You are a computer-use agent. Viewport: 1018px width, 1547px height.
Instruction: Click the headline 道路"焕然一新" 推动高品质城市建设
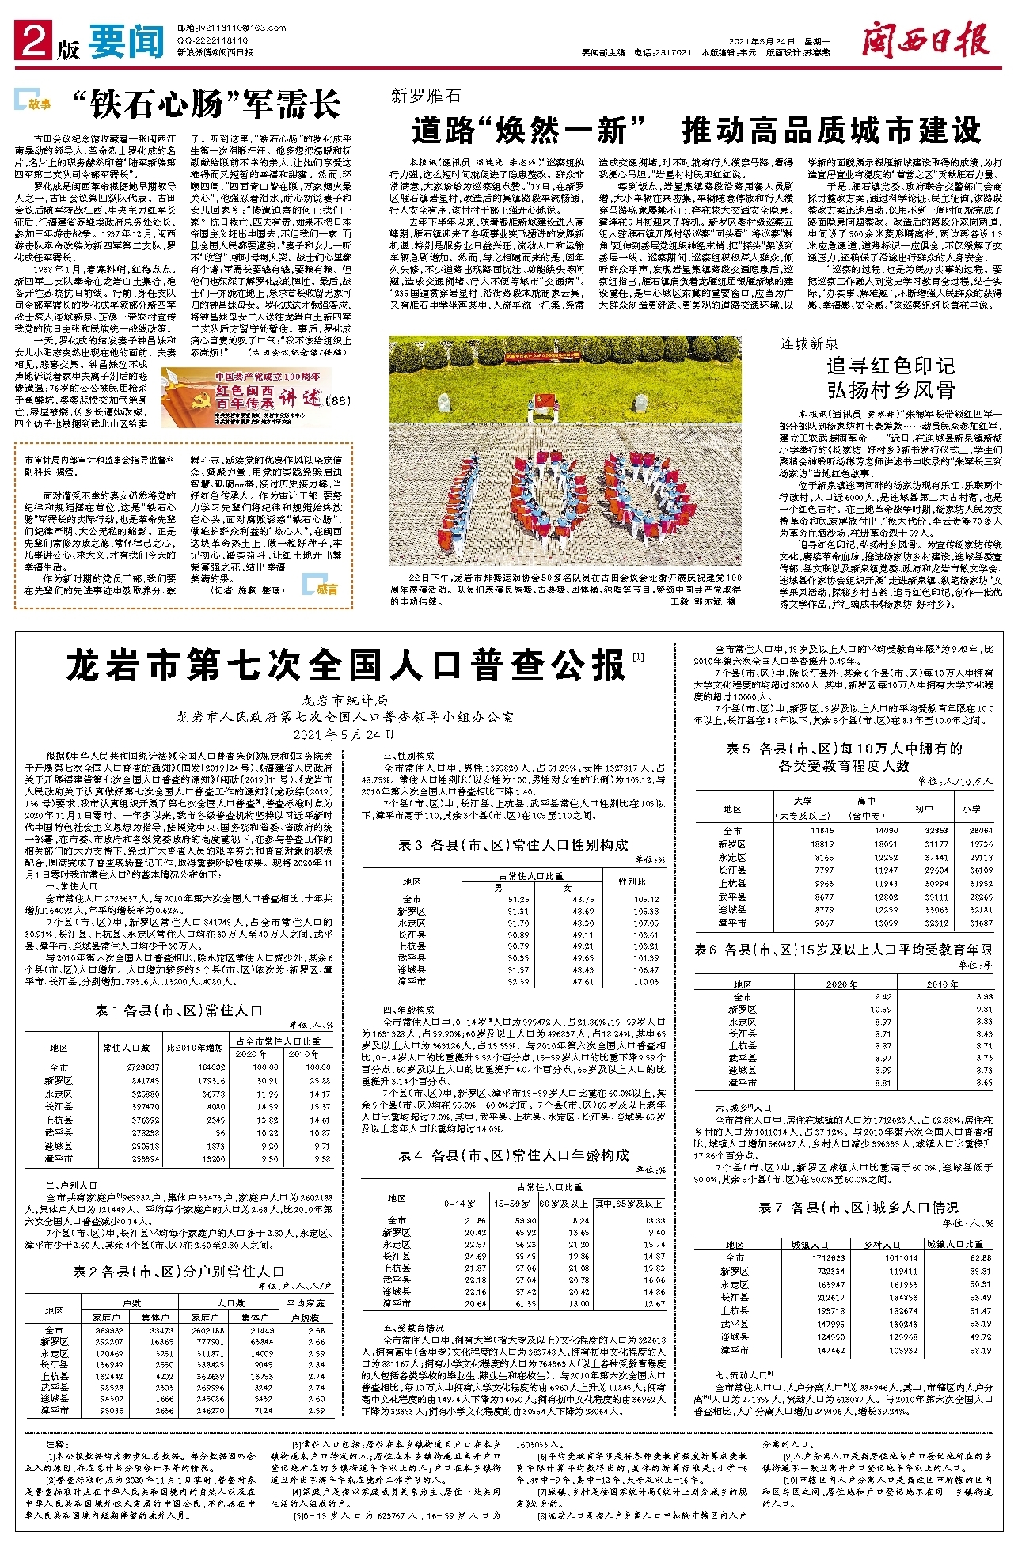pos(696,131)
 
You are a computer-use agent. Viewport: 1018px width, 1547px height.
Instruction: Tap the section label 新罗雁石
pos(425,97)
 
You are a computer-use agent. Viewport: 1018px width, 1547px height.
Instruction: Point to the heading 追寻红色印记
pos(891,366)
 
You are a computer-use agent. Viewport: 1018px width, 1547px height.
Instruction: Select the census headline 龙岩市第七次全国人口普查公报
pos(346,665)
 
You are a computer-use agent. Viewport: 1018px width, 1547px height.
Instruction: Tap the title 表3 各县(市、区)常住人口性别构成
pos(513,845)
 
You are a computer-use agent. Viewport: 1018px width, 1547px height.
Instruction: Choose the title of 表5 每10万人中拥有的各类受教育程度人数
pos(844,756)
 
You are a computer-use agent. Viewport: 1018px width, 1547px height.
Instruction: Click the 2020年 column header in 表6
pos(841,984)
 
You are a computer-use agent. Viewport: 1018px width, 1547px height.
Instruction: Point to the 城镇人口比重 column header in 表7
pos(959,1245)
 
